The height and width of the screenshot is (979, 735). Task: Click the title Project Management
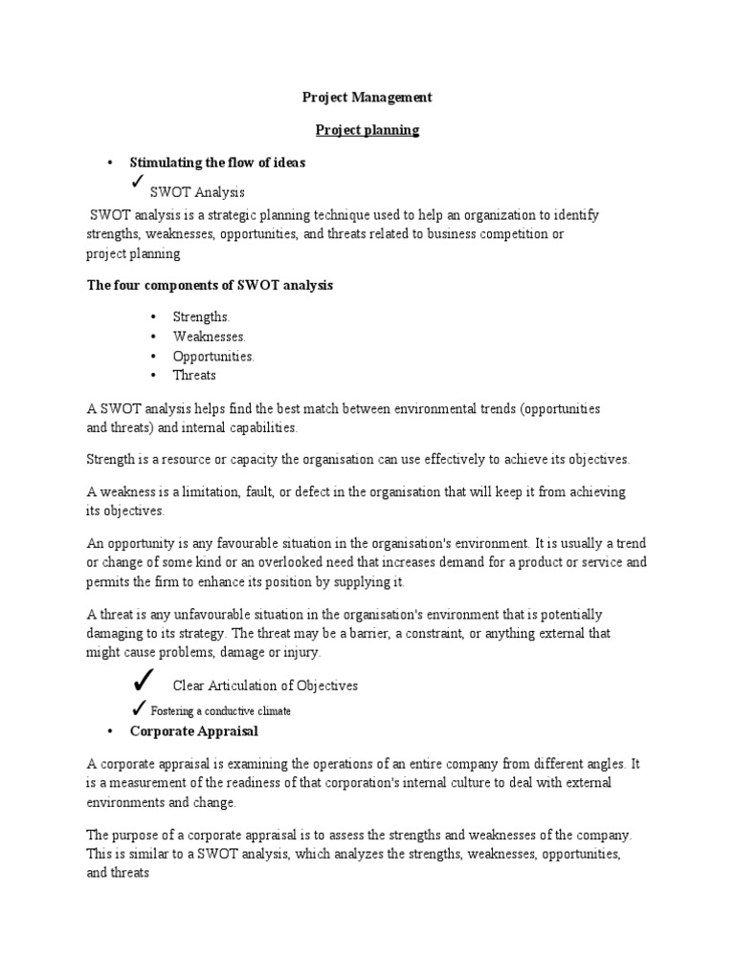367,98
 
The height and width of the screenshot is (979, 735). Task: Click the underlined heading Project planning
367,130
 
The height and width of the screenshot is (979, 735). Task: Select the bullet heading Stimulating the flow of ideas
217,163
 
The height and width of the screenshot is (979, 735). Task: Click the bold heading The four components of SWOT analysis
210,286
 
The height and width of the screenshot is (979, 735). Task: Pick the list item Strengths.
201,316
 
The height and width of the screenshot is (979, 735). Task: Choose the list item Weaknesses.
209,337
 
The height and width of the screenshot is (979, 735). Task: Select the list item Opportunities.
213,357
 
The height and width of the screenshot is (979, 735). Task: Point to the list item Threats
194,376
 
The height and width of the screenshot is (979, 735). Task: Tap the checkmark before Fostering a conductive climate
139,708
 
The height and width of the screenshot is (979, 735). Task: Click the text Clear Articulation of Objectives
265,686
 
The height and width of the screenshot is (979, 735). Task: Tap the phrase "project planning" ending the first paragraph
133,254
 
